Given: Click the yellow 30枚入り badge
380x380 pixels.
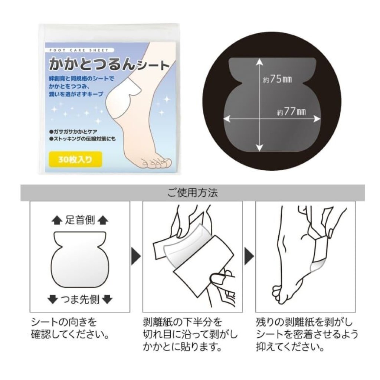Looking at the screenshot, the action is tap(75, 160).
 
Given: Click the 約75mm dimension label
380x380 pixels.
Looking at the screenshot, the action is tap(278, 79).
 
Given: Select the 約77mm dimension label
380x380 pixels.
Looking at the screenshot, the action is tap(291, 112).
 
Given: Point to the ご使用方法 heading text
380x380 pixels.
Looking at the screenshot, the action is tap(193, 193).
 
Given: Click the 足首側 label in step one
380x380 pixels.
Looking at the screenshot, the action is tap(80, 220).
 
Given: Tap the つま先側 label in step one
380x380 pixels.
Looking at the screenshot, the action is tap(80, 299).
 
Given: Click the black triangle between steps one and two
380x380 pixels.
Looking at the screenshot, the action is tap(136, 256).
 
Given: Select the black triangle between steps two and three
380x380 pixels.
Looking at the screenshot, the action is tap(249, 256).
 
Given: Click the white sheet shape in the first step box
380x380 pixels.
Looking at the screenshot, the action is tap(80, 260).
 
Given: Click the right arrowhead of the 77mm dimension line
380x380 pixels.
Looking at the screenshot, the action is tap(317, 119).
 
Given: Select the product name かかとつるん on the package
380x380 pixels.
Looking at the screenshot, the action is tap(92, 64).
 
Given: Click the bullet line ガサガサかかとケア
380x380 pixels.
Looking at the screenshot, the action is tap(73, 132).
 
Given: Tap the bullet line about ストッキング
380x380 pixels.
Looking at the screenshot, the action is tap(82, 139).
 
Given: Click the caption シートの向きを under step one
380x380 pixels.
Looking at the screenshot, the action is tap(64, 322).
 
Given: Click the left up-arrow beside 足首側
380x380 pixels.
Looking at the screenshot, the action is tap(56, 220).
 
